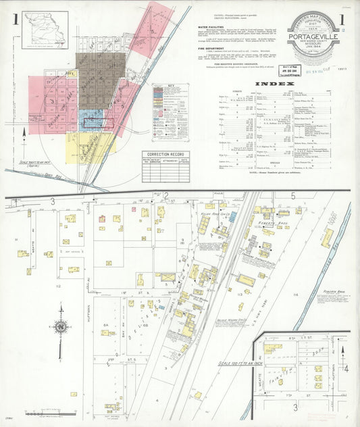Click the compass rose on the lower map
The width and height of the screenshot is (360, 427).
click(61, 328)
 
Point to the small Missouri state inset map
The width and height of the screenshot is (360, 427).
click(45, 30)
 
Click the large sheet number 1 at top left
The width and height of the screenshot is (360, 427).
click(14, 19)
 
